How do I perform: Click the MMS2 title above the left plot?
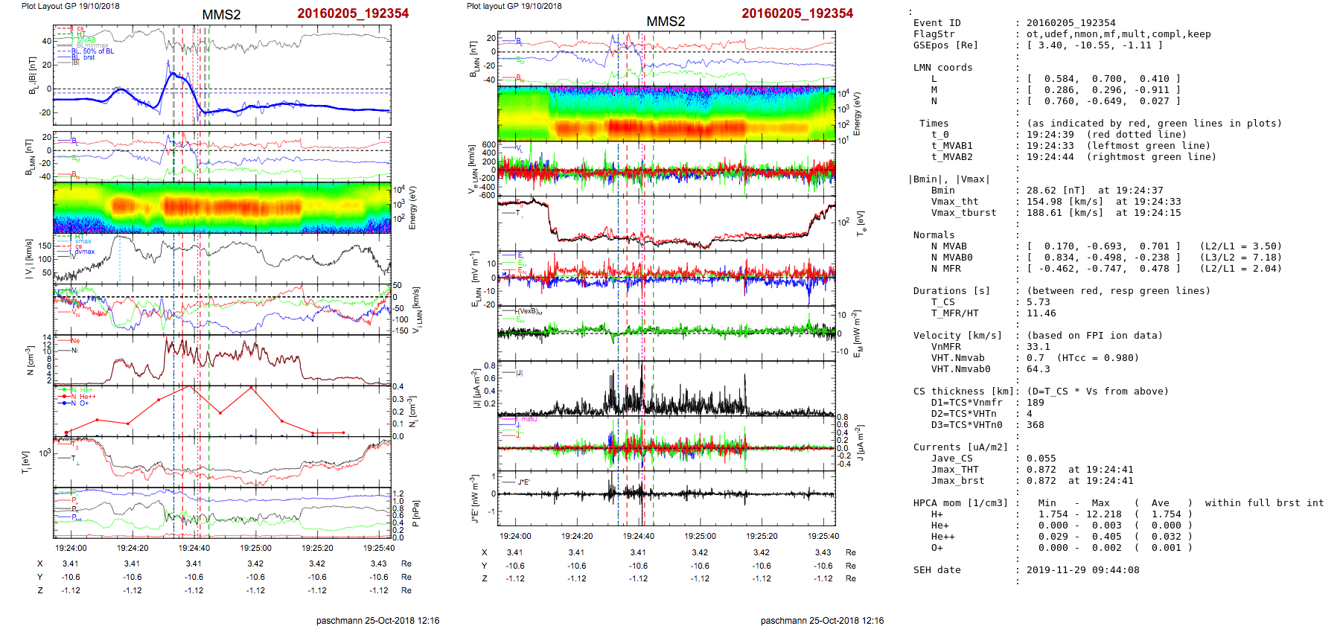tap(221, 15)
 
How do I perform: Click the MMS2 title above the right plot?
tap(666, 22)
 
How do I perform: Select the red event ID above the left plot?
tap(353, 13)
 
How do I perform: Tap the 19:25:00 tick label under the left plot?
tap(255, 548)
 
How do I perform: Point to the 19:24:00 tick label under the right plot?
tap(515, 536)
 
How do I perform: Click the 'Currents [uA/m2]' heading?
tap(960, 447)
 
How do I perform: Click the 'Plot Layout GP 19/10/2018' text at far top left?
tap(70, 6)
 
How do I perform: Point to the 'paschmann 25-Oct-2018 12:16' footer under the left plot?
tap(377, 620)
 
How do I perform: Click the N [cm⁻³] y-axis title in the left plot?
tap(31, 360)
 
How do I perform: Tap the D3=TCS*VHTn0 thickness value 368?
tap(1035, 425)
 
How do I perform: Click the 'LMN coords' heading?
tap(942, 68)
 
